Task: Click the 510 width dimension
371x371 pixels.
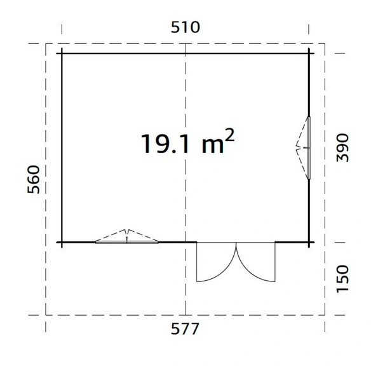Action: pos(185,27)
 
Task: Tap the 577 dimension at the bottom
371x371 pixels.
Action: pos(185,328)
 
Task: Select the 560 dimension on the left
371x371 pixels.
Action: pos(34,179)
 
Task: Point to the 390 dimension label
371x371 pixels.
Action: pos(342,148)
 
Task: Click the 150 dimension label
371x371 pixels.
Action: pos(342,279)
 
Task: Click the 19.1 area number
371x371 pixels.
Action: pos(165,144)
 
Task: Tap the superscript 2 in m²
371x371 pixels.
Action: pos(229,135)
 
